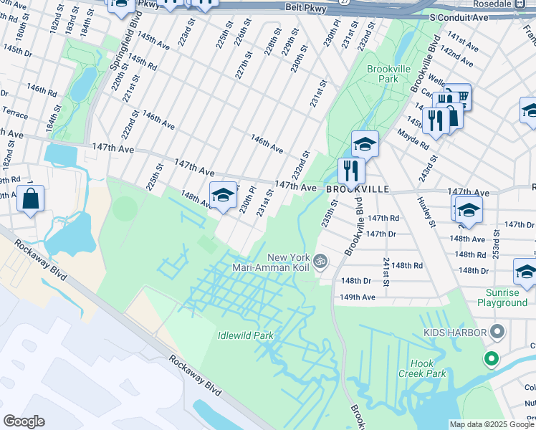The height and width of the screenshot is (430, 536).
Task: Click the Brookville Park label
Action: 382,74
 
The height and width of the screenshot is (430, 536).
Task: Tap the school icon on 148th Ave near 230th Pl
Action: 223,195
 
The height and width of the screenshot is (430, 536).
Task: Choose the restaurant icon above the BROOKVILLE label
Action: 351,171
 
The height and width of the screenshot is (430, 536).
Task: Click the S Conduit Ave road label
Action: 458,16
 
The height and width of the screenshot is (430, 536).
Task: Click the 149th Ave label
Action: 358,297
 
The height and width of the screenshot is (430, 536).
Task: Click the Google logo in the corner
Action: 24,421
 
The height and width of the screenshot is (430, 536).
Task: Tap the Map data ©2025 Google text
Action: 491,424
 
